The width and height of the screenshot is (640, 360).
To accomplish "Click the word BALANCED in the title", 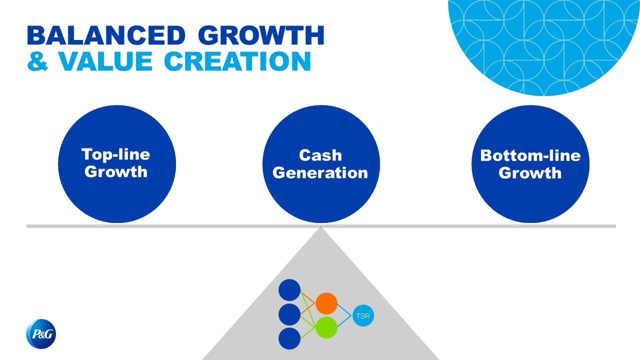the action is (106, 35).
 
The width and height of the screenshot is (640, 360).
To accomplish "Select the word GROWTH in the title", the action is (261, 35).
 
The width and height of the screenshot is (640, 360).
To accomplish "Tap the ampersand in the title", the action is (37, 61).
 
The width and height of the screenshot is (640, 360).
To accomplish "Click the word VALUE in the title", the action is (105, 61).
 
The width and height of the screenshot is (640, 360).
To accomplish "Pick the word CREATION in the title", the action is (237, 61).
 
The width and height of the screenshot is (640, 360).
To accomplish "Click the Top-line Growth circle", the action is (117, 164).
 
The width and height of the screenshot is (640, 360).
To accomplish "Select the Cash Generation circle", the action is (321, 164).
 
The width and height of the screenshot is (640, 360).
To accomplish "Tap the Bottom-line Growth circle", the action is (530, 164).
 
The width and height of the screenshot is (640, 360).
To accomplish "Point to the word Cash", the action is (320, 155).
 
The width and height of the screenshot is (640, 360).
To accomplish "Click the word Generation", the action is (320, 173).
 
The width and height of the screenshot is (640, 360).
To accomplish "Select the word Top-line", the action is (115, 155).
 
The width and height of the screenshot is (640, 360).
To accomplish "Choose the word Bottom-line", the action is (530, 155).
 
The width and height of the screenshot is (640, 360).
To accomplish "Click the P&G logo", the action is (41, 333).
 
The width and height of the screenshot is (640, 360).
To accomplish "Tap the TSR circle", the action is (363, 315).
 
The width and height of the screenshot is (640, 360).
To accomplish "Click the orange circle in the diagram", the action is (326, 303).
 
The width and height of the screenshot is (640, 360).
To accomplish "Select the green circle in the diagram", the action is (326, 327).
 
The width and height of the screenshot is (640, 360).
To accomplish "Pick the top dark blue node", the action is (289, 290).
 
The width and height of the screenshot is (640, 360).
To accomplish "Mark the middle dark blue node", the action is (289, 314).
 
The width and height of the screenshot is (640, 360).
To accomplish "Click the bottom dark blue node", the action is (289, 338).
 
